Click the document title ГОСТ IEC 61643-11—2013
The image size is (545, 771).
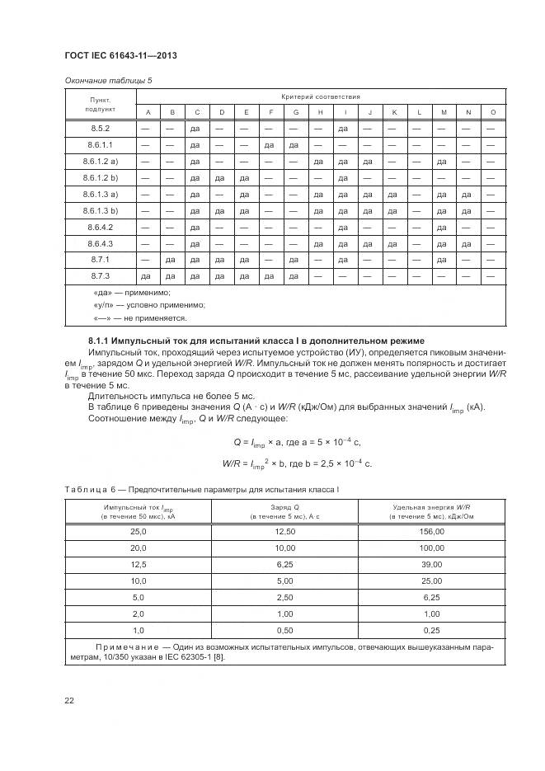[x=120, y=55]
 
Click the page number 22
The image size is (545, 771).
[x=68, y=700]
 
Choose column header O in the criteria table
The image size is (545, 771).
[x=492, y=112]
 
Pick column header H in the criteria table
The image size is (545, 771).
[x=319, y=112]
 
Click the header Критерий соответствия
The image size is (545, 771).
[x=320, y=96]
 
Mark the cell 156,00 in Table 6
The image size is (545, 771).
[x=431, y=533]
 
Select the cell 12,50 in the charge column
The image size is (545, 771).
[x=285, y=533]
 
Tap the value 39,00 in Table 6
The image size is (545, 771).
[x=431, y=564]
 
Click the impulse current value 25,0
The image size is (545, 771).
[x=138, y=533]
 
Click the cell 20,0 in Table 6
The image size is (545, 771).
[x=138, y=548]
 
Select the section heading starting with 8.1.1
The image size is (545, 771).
[x=256, y=341]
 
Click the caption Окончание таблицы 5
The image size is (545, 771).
[x=108, y=80]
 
